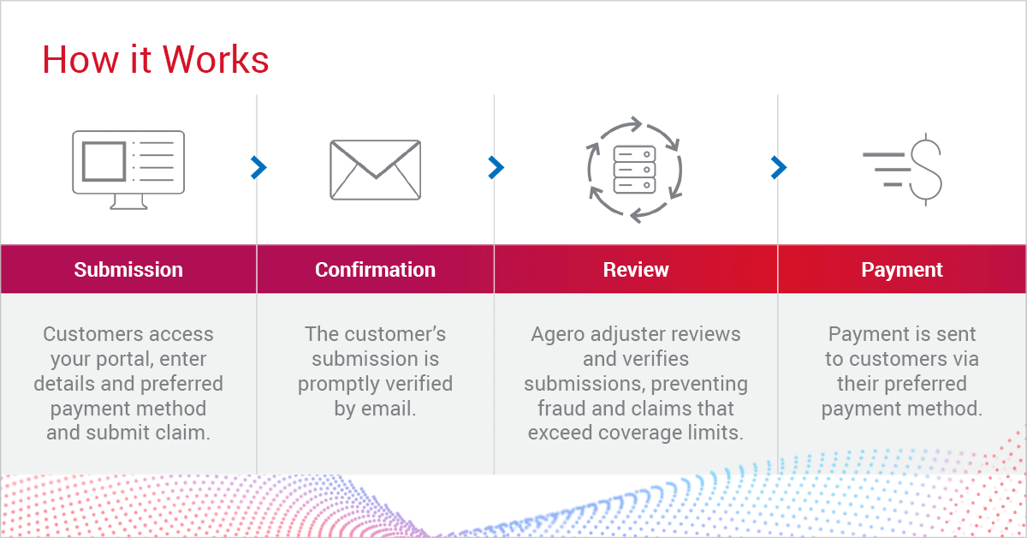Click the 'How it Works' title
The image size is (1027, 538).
coord(156,59)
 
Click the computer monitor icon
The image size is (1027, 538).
coord(128,170)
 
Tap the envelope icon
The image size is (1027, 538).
coord(375,170)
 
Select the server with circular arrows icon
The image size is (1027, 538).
coord(634,170)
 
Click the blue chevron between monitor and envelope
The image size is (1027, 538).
coord(258,168)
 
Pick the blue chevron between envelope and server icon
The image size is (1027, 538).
coord(496,168)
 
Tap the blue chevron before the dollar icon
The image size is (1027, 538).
coord(778,168)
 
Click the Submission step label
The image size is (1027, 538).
coord(128,270)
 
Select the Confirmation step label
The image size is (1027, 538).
coord(375,270)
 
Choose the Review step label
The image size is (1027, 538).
coord(635,270)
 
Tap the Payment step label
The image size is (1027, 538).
coord(902,270)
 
